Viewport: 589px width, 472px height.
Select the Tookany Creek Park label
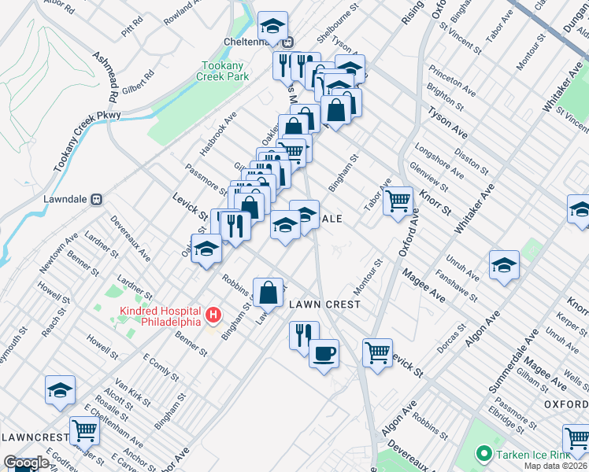(225, 71)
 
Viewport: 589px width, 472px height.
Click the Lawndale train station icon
(96, 199)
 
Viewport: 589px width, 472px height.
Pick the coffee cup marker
(324, 354)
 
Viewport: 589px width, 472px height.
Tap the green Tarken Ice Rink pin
(483, 453)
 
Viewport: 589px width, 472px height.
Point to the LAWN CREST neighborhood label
(324, 304)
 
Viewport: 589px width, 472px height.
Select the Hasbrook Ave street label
(218, 134)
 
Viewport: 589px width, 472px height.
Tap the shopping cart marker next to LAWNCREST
(83, 430)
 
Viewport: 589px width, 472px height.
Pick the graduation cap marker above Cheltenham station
(272, 26)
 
